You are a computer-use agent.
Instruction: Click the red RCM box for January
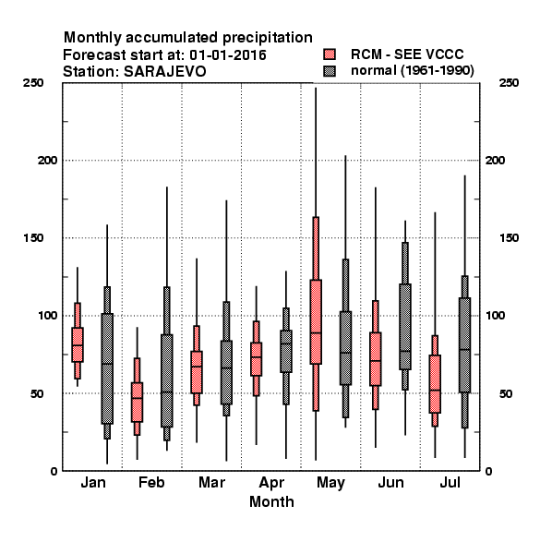78,344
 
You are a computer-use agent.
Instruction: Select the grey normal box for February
167,380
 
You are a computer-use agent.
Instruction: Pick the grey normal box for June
405,327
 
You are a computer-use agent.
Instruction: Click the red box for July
435,384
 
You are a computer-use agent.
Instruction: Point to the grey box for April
286,351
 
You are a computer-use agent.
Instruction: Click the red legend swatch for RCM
330,54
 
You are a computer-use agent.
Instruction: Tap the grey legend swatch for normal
330,71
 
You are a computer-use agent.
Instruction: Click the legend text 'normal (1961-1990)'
412,71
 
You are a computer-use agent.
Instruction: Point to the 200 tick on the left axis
48,161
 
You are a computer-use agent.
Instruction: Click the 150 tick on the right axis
509,238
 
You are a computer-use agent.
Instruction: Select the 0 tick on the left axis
54,471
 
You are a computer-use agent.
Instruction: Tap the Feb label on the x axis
151,482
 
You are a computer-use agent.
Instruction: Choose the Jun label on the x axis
390,482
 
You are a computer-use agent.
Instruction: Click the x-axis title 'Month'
271,501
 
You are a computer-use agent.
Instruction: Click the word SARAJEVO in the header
164,71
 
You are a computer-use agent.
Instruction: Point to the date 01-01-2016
228,55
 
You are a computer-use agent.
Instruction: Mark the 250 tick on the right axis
509,83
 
